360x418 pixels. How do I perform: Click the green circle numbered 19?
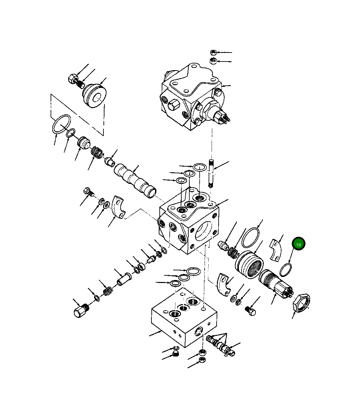pyautogui.click(x=298, y=244)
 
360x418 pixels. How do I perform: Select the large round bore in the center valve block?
pyautogui.click(x=205, y=231)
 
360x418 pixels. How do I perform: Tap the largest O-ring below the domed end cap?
pyautogui.click(x=61, y=124)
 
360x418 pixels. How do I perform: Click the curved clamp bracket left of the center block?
pyautogui.click(x=118, y=208)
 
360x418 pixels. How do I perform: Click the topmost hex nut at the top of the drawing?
pyautogui.click(x=213, y=53)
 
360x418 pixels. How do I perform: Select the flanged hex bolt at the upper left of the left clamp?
pyautogui.click(x=88, y=192)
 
